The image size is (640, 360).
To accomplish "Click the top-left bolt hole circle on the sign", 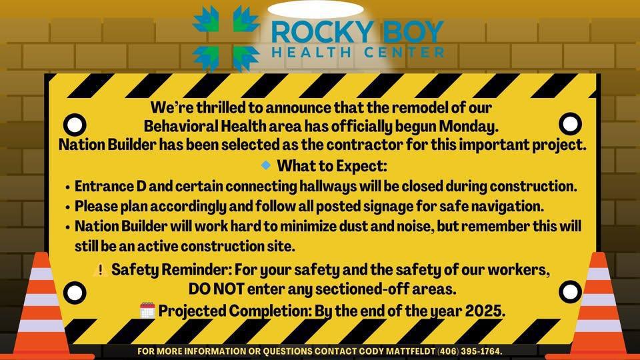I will (75, 124).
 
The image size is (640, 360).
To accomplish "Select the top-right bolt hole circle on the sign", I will (570, 123).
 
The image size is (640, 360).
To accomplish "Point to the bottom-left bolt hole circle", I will (75, 292).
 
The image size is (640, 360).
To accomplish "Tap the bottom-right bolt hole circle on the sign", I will (570, 291).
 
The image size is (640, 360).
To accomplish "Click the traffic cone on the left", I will (41, 307).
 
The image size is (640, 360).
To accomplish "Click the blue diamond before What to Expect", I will (266, 165).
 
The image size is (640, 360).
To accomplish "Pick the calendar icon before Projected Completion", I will (147, 310).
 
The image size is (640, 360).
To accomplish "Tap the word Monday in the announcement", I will (469, 126).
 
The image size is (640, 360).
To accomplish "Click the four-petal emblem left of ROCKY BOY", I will (226, 38).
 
